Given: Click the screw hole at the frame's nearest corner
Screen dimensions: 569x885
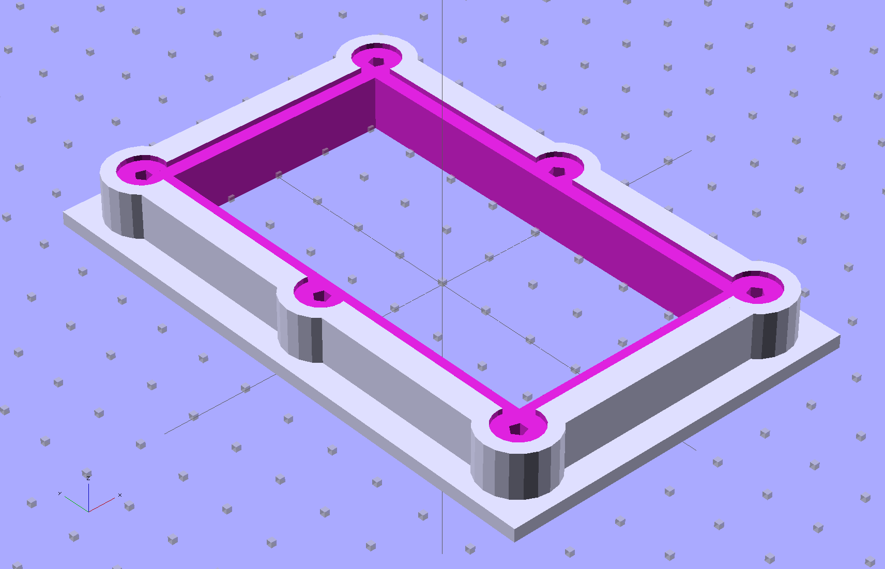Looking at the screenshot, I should click(x=517, y=428).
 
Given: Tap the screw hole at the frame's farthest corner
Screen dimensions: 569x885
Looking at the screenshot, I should click(x=377, y=61).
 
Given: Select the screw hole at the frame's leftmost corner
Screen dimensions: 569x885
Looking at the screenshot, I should click(x=141, y=176).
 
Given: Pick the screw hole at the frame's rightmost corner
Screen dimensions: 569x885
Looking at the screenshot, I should click(x=756, y=293).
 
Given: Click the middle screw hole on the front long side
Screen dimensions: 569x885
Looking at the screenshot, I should click(x=321, y=296).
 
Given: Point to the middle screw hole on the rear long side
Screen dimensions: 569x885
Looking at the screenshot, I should click(x=557, y=171).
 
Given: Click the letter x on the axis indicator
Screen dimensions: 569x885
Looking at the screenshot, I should click(x=120, y=495).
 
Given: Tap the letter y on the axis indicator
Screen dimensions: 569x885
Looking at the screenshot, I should click(x=60, y=494).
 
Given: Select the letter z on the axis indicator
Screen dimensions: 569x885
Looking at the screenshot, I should click(x=89, y=478).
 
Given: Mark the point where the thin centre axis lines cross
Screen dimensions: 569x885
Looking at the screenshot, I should click(x=442, y=283).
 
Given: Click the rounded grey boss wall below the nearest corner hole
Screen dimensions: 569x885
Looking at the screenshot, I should click(x=517, y=473).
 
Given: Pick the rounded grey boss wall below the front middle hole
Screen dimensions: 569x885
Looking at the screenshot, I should click(x=300, y=336).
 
